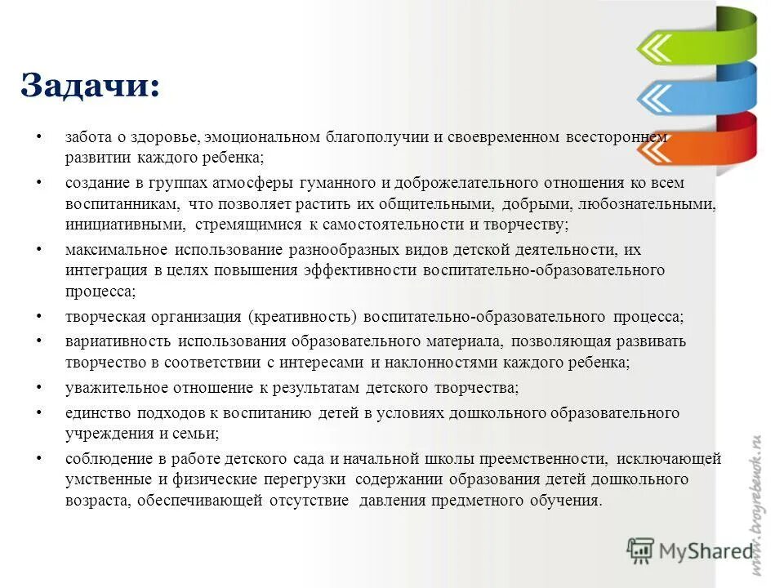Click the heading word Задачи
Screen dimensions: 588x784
coord(89,86)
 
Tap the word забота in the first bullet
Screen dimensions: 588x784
coord(87,137)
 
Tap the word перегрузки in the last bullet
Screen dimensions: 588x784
coord(306,479)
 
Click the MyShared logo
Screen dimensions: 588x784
coord(689,551)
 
